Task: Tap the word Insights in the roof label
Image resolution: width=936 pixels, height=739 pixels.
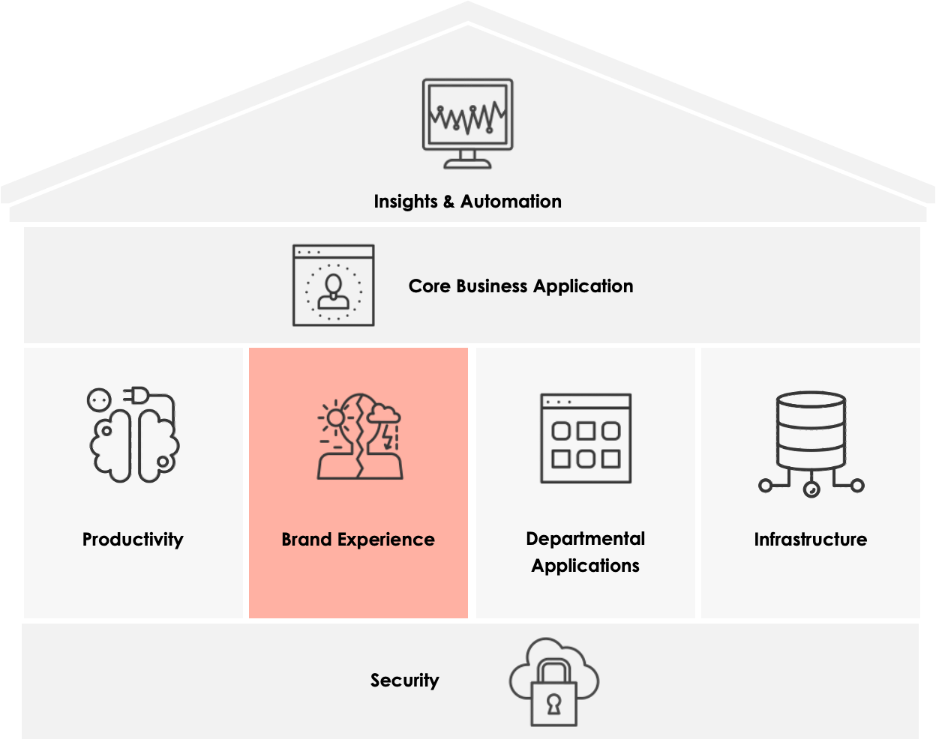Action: click(x=405, y=202)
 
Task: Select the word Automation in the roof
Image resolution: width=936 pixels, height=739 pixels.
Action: click(x=511, y=202)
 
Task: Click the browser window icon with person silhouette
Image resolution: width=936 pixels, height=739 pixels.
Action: click(x=333, y=286)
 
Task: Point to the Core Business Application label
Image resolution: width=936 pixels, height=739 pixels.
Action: click(x=520, y=286)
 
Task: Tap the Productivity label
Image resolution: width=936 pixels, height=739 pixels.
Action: click(x=133, y=540)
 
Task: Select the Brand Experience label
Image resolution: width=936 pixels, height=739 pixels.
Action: click(x=358, y=540)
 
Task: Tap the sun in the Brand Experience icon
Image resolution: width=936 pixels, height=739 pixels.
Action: click(x=334, y=417)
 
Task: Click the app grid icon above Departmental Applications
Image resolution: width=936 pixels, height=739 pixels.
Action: click(x=586, y=438)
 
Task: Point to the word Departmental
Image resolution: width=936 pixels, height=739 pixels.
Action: click(x=585, y=539)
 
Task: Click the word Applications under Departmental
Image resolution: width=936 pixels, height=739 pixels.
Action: click(x=585, y=566)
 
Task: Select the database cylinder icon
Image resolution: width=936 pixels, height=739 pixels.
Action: click(x=811, y=431)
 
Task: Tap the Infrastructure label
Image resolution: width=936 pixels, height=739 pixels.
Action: click(x=810, y=540)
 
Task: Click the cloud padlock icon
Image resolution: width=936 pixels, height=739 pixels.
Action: click(x=553, y=682)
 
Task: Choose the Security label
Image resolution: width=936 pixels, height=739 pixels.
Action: click(x=404, y=681)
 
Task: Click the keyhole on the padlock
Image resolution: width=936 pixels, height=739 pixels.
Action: click(x=553, y=705)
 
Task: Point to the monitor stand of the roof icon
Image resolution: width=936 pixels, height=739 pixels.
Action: click(x=467, y=159)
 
